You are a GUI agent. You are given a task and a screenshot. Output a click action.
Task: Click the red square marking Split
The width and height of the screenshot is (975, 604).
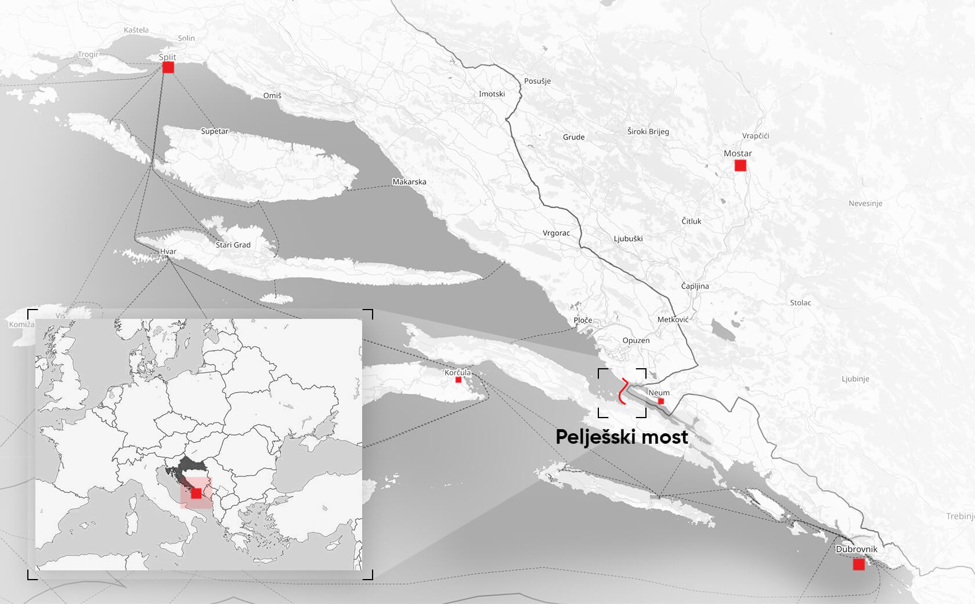pos(168,67)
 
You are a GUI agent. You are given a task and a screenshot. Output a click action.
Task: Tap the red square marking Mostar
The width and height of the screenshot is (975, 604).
pos(740,166)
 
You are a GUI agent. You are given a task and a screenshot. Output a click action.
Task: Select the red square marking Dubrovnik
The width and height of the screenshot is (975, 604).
pos(858,564)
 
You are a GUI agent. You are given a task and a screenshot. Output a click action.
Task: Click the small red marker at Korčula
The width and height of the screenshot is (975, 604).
pos(458,380)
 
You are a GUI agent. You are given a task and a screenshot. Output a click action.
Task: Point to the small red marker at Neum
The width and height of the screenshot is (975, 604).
pos(660,401)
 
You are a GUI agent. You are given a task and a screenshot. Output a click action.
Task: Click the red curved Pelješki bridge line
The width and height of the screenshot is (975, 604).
pos(622,391)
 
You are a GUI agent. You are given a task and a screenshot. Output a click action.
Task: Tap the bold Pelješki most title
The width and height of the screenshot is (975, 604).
pos(622,437)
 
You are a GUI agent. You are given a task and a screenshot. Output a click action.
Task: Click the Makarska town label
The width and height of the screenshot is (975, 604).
pos(409,182)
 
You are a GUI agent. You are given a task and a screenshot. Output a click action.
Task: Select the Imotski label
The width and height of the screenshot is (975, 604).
pos(492,94)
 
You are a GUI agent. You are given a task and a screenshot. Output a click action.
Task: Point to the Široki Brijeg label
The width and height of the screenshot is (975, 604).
pos(648,131)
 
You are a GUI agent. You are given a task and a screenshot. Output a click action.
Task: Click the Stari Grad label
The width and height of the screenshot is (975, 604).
pos(233,245)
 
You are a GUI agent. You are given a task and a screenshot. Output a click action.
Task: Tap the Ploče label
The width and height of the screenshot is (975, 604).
pos(583,320)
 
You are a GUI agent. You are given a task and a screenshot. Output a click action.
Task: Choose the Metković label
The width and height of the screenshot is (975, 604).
pos(673,319)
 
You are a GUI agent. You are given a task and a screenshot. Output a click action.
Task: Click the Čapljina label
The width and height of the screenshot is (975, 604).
pos(695,286)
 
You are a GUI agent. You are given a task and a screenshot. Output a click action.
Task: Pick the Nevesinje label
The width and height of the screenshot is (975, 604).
pos(865,203)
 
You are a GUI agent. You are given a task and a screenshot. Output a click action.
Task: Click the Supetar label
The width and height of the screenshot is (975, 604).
pos(215,131)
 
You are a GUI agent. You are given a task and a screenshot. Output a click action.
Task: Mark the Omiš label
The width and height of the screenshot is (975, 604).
pos(272,96)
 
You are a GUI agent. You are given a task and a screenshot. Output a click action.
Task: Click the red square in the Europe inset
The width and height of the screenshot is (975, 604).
pos(196,493)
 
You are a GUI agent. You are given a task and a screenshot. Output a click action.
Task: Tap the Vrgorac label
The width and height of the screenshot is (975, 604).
pos(556,233)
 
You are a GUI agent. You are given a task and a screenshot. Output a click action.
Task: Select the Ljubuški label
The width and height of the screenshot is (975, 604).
pos(628,239)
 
